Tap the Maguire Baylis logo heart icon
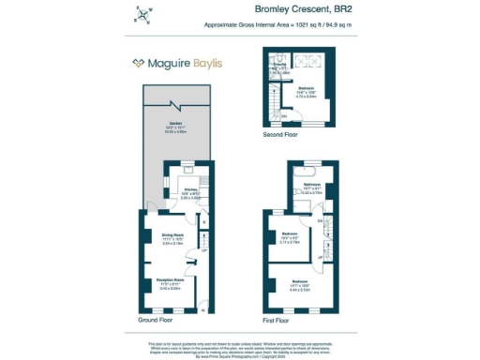(x=138, y=64)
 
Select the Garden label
(x=175, y=124)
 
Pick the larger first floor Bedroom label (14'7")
(x=300, y=280)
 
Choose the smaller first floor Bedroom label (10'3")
(x=290, y=234)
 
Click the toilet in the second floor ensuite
(x=302, y=58)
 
